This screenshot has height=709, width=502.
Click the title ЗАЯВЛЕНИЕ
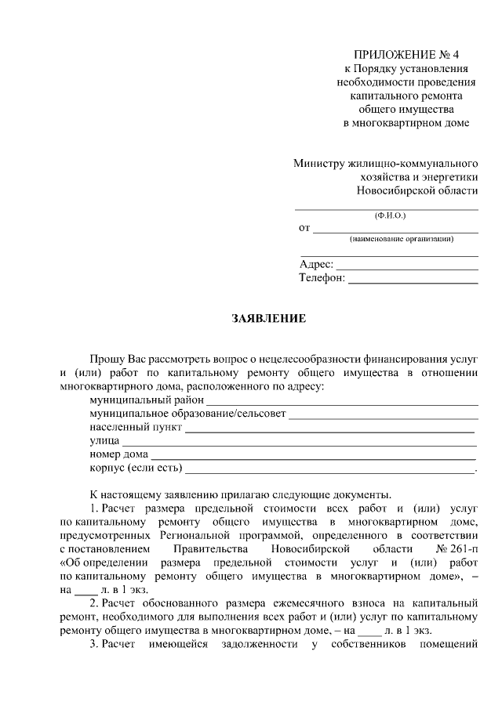(x=268, y=320)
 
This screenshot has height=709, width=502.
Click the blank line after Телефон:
(x=413, y=279)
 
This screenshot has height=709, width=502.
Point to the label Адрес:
(x=317, y=265)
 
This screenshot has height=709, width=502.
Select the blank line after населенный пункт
(x=329, y=430)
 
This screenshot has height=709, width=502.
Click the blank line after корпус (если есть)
(x=329, y=471)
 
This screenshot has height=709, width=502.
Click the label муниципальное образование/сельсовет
(x=188, y=414)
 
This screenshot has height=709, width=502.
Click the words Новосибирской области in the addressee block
(x=416, y=190)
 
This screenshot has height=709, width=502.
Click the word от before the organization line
(x=304, y=228)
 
